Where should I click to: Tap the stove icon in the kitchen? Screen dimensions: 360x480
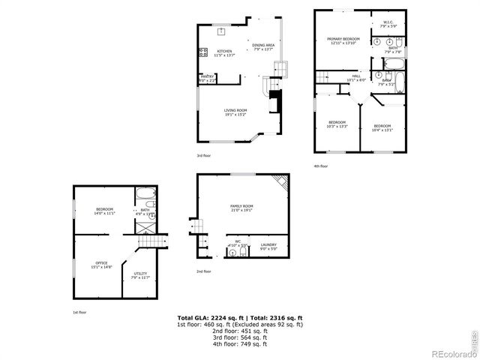tap(202, 52)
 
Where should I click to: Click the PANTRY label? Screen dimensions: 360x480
tap(207, 76)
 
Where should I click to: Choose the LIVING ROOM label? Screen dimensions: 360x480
tap(235, 110)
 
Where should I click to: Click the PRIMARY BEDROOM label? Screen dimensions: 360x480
tap(344, 38)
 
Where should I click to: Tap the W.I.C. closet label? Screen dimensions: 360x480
tap(388, 22)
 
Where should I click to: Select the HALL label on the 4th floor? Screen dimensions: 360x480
tap(356, 76)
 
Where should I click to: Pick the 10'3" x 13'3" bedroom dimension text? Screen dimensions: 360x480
tap(337, 126)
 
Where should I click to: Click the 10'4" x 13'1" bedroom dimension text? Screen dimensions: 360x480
tap(382, 130)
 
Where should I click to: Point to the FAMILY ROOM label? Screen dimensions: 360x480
tap(241, 205)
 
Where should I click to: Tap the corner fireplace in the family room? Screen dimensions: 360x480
tap(278, 182)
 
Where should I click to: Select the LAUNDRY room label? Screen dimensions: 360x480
tap(268, 244)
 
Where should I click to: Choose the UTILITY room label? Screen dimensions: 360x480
tap(140, 274)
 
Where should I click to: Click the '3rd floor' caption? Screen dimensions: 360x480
tap(205, 156)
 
